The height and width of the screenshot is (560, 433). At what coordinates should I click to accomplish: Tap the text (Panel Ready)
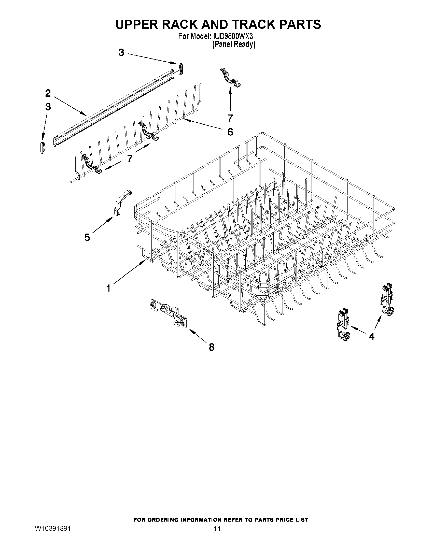pyautogui.click(x=234, y=45)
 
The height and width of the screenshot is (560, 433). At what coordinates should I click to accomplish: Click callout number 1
pyautogui.click(x=108, y=288)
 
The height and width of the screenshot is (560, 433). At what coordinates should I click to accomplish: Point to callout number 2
pyautogui.click(x=48, y=93)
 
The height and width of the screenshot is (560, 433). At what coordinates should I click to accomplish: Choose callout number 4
pyautogui.click(x=371, y=336)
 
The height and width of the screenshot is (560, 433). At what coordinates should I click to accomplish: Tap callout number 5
pyautogui.click(x=87, y=237)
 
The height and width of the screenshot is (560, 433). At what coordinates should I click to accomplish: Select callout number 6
pyautogui.click(x=230, y=132)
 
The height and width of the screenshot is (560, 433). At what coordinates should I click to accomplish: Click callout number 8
pyautogui.click(x=211, y=347)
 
